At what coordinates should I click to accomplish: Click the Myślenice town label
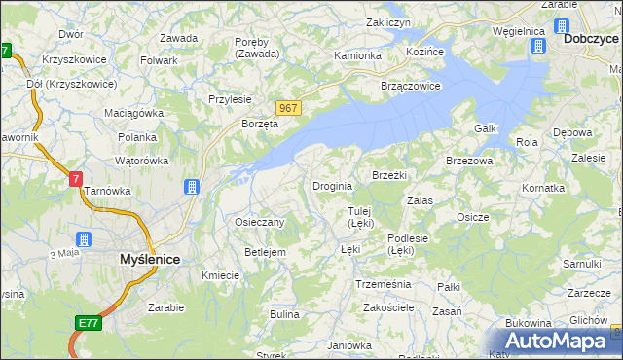pyautogui.click(x=149, y=260)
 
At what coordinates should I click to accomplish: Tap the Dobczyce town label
pyautogui.click(x=591, y=39)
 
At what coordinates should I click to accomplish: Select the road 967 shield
pyautogui.click(x=286, y=108)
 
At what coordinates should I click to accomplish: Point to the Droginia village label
pyautogui.click(x=332, y=186)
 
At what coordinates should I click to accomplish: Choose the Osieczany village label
pyautogui.click(x=260, y=222)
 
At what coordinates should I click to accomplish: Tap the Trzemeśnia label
pyautogui.click(x=384, y=284)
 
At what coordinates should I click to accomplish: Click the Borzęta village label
pyautogui.click(x=260, y=125)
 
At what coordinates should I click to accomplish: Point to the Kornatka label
pyautogui.click(x=543, y=188)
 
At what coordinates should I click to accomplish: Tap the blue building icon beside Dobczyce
pyautogui.click(x=563, y=26)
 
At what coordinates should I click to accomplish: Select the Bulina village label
pyautogui.click(x=284, y=314)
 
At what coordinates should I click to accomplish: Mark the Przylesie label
pyautogui.click(x=231, y=99)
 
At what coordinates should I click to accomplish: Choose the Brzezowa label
pyautogui.click(x=469, y=161)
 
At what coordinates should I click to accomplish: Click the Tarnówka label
pyautogui.click(x=108, y=191)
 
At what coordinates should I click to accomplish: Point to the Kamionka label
pyautogui.click(x=358, y=55)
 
